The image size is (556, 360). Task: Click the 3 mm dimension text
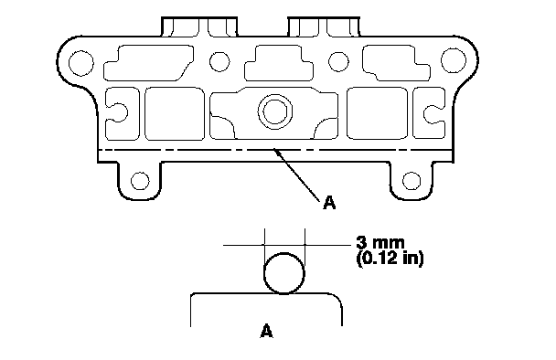(380, 243)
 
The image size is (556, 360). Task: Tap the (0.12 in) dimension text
(390, 259)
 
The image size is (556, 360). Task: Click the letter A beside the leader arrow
(329, 203)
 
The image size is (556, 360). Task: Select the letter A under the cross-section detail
(266, 331)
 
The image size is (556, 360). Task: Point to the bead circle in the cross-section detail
(264, 273)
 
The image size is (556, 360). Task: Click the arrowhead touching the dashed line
(276, 153)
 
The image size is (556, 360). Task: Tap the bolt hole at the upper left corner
(81, 63)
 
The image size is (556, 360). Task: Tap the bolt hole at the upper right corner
(454, 60)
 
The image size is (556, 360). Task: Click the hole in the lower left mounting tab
(140, 181)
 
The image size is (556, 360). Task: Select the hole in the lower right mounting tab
(412, 181)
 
